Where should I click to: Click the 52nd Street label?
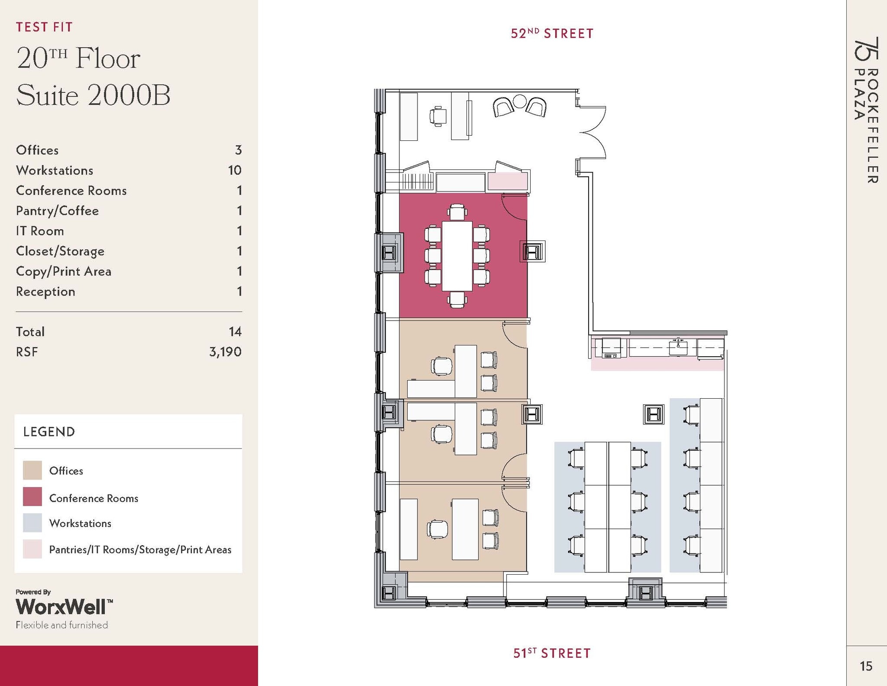tap(552, 33)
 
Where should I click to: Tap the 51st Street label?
tap(552, 653)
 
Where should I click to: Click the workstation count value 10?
tap(234, 170)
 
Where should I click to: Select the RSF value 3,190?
tap(225, 351)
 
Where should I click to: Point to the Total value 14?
tap(235, 332)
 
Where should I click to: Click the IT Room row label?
tap(40, 231)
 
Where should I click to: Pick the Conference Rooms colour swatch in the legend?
tap(32, 497)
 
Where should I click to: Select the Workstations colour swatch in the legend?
tap(32, 523)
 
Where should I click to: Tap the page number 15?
tap(866, 666)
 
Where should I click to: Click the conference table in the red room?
tap(457, 256)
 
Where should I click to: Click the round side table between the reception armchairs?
tap(519, 102)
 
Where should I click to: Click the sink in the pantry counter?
tap(678, 347)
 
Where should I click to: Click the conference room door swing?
tap(514, 208)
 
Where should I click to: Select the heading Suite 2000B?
tap(93, 95)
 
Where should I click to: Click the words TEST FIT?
tap(44, 27)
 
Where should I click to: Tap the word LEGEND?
tap(49, 432)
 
